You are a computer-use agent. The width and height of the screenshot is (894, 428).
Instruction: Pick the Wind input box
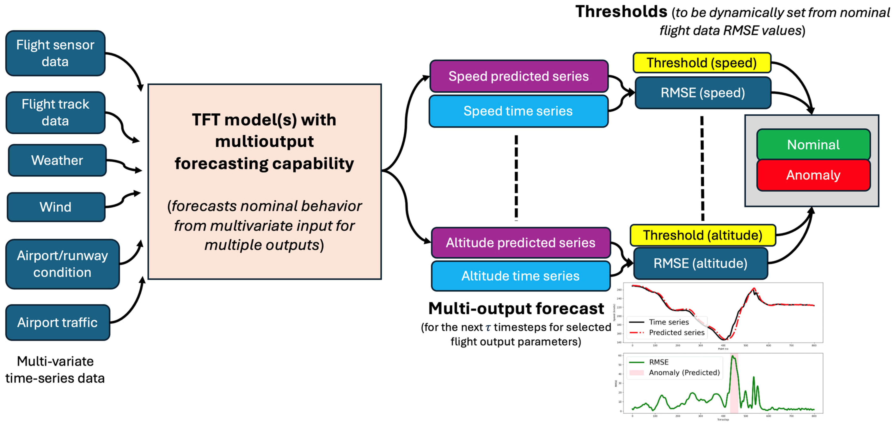[x=56, y=207]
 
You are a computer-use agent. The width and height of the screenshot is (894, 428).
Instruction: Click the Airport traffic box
[x=58, y=322]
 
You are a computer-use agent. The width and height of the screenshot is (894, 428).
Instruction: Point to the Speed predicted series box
[x=519, y=76]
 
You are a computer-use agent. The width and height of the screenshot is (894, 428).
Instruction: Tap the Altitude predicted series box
[x=521, y=243]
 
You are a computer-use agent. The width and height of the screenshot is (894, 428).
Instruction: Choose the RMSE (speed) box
[x=703, y=93]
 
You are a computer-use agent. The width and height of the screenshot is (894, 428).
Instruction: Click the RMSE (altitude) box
[x=700, y=263]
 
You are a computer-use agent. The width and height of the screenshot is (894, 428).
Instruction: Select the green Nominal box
[x=813, y=144]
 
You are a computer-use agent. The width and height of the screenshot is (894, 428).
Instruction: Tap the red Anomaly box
[x=813, y=175]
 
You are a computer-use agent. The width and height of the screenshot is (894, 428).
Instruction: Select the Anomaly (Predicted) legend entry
[x=684, y=372]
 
